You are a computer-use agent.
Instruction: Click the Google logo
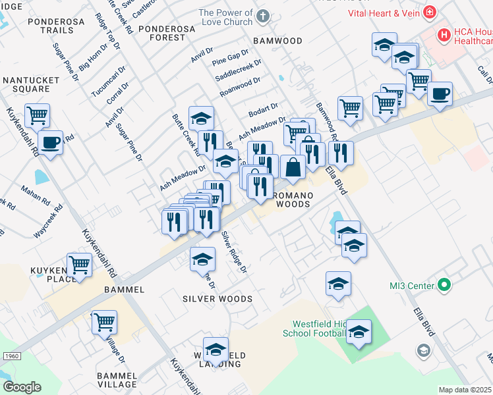point(22,387)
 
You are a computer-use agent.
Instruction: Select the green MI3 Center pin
point(444,286)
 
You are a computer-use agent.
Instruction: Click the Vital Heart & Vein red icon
point(430,11)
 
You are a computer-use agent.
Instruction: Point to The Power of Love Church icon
point(262,16)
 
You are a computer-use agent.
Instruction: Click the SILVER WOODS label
point(217,299)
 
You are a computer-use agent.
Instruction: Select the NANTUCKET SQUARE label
point(32,85)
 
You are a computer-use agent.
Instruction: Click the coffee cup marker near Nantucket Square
point(50,143)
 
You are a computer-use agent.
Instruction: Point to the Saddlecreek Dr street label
point(239,72)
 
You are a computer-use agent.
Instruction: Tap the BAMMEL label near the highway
point(124,290)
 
